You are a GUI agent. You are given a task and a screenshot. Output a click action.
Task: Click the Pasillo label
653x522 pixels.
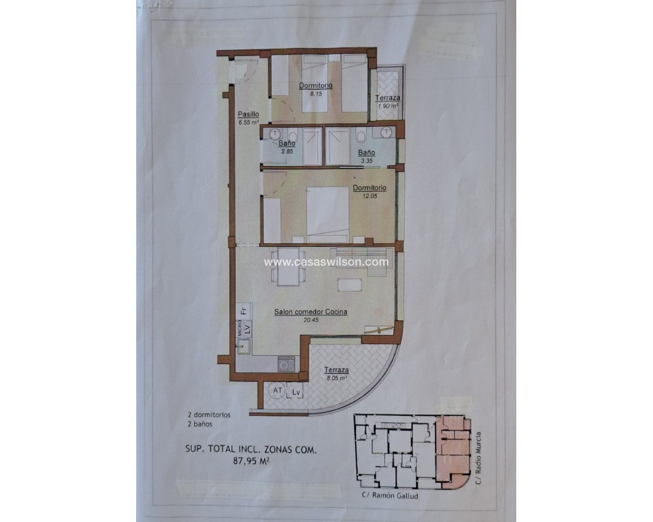(x=248, y=114)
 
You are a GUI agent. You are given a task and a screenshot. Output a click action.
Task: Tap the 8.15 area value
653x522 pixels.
(x=316, y=94)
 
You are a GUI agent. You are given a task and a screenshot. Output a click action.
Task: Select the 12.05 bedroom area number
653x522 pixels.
(x=369, y=196)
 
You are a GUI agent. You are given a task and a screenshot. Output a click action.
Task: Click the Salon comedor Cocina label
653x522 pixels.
(x=311, y=311)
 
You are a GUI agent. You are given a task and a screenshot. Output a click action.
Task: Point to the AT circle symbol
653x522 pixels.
(x=278, y=390)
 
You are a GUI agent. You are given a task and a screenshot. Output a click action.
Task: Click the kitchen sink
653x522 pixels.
(x=243, y=346)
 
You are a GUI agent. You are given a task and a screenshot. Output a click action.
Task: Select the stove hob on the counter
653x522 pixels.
(x=286, y=364)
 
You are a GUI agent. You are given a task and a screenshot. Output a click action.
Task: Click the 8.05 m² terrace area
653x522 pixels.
(x=337, y=378)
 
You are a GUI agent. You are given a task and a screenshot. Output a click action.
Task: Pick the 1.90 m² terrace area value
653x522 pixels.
(x=388, y=106)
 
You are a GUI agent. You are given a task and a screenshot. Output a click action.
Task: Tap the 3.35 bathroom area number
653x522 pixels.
(x=367, y=161)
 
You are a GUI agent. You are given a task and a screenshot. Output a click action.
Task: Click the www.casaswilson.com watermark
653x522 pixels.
(x=326, y=262)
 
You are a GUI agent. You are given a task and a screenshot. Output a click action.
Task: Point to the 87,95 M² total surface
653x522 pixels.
(x=251, y=461)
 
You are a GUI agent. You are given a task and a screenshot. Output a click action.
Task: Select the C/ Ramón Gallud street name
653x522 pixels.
(x=390, y=495)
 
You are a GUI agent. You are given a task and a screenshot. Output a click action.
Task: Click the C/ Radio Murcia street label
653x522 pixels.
(x=478, y=458)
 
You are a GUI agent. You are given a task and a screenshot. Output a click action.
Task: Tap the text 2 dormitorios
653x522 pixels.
(x=209, y=414)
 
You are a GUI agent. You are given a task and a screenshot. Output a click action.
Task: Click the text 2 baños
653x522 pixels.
(x=200, y=424)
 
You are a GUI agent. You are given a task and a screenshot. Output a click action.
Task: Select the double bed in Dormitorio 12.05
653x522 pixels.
(x=328, y=215)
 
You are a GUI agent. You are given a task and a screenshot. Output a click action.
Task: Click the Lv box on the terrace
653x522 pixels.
(x=296, y=392)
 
